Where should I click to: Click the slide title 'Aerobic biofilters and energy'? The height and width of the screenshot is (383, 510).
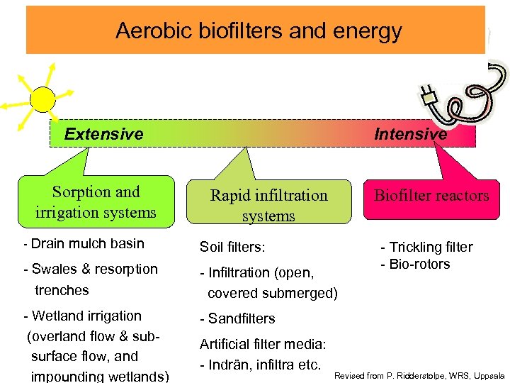(259, 31)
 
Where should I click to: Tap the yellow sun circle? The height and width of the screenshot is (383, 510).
(42, 99)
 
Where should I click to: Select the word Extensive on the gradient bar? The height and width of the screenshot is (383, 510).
(103, 134)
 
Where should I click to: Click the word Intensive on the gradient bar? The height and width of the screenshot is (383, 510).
(410, 134)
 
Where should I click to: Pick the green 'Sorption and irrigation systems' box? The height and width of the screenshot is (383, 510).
(96, 202)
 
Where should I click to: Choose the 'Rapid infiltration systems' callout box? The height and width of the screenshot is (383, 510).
(268, 205)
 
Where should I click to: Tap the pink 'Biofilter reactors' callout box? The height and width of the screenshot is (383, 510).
(431, 196)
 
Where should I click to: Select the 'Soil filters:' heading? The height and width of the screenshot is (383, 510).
(232, 248)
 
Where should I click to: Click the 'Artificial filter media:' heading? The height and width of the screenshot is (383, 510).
(263, 345)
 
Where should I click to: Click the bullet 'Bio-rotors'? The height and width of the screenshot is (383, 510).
(419, 265)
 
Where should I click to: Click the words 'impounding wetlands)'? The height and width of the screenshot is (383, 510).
(100, 376)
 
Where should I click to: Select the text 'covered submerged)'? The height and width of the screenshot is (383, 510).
(273, 293)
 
